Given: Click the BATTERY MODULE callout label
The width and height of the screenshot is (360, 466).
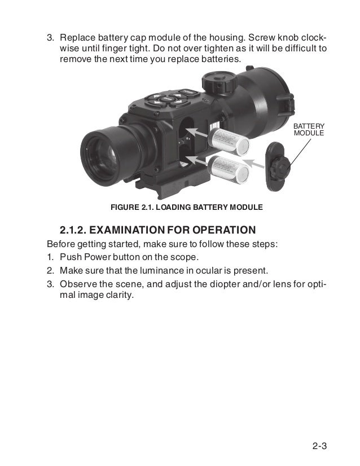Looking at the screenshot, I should (309, 129).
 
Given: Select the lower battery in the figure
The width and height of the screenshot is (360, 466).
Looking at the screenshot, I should (229, 170).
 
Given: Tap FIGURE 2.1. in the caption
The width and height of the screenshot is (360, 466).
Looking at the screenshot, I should (131, 207).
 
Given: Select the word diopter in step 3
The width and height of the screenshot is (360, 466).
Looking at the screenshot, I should (222, 283).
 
